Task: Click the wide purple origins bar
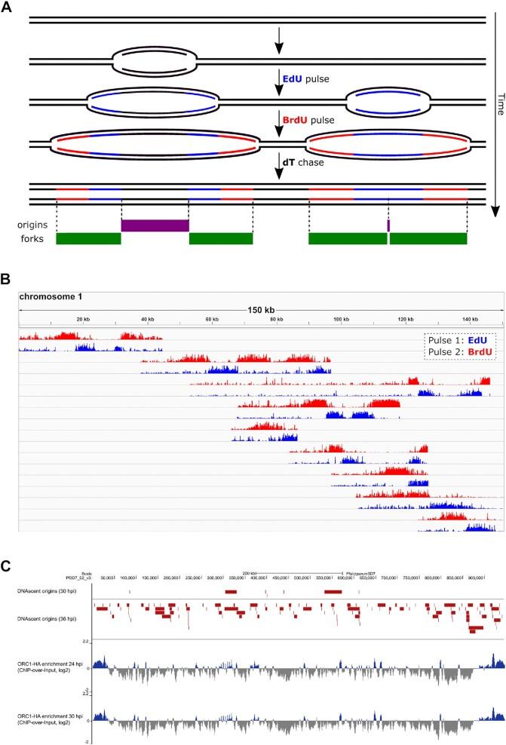(155, 225)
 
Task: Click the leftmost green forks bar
(88, 238)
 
